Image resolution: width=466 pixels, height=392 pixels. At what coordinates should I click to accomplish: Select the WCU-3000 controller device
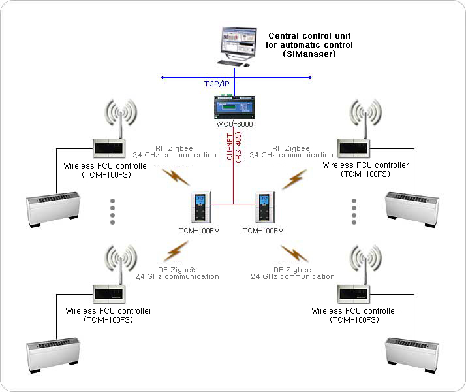234,107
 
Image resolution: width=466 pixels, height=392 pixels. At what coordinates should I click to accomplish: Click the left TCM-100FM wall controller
200,208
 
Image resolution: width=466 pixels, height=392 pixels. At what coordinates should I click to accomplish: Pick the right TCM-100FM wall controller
264,208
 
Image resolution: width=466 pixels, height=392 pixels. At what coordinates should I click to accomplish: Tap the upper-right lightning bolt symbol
294,178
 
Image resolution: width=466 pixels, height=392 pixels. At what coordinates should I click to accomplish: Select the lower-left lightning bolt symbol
176,251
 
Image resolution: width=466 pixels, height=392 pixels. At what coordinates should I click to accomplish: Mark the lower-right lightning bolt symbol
294,252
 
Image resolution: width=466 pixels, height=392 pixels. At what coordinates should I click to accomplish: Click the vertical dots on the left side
112,212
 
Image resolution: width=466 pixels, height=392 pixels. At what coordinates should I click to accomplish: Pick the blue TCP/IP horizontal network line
274,78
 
